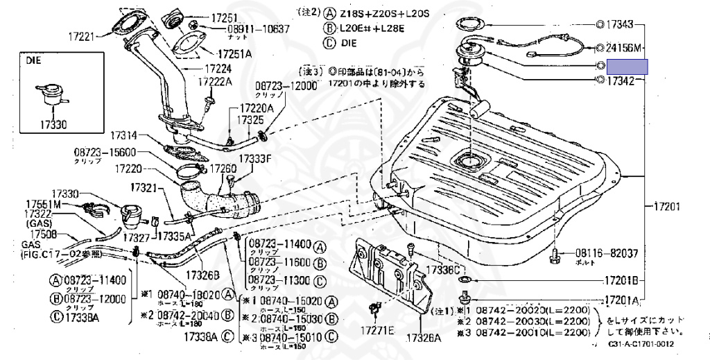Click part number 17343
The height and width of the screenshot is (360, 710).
(620, 25)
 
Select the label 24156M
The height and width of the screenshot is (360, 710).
(624, 48)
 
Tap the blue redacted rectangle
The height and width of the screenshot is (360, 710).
(627, 67)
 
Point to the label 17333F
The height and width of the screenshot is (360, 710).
(255, 158)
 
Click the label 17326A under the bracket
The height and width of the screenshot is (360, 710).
(423, 338)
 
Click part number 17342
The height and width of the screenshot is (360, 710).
(620, 81)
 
